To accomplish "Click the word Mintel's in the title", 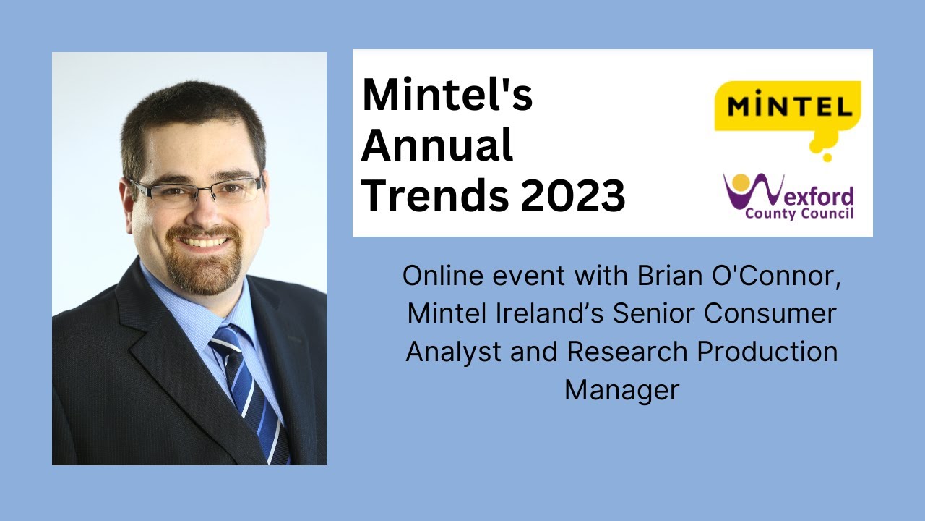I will coord(447,96).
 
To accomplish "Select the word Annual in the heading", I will coord(436,145).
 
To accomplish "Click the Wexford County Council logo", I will coord(788,196).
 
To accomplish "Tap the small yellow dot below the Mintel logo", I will coord(827,157).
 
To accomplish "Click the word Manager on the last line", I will coord(621,390).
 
